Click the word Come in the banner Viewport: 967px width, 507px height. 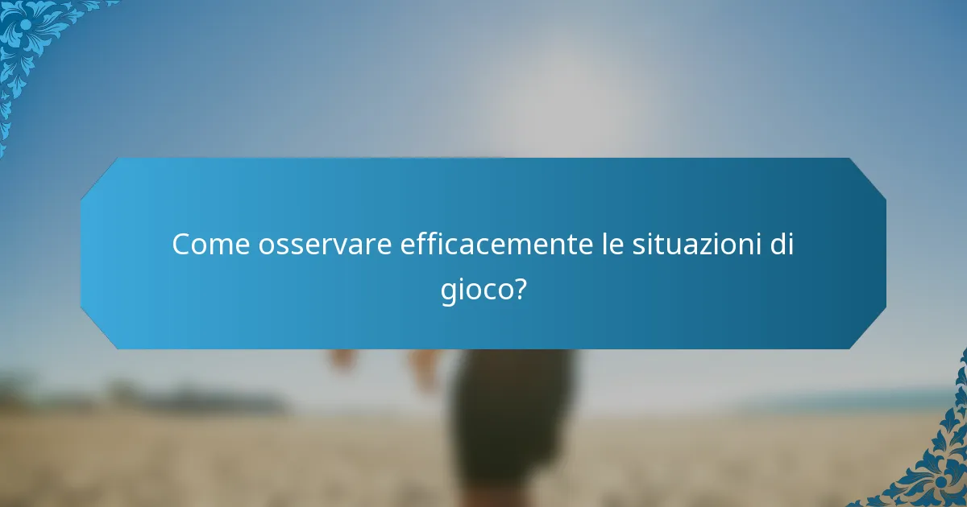point(210,244)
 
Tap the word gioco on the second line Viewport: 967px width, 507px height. point(475,289)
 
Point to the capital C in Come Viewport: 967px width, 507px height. point(181,244)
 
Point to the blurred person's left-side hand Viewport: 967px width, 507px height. point(342,359)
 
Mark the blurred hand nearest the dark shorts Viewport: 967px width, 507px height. point(423,366)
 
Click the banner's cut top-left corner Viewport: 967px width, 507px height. point(98,175)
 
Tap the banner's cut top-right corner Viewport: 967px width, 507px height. point(868,175)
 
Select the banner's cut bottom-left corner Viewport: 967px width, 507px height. point(98,332)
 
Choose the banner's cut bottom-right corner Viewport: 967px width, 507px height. point(868,332)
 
